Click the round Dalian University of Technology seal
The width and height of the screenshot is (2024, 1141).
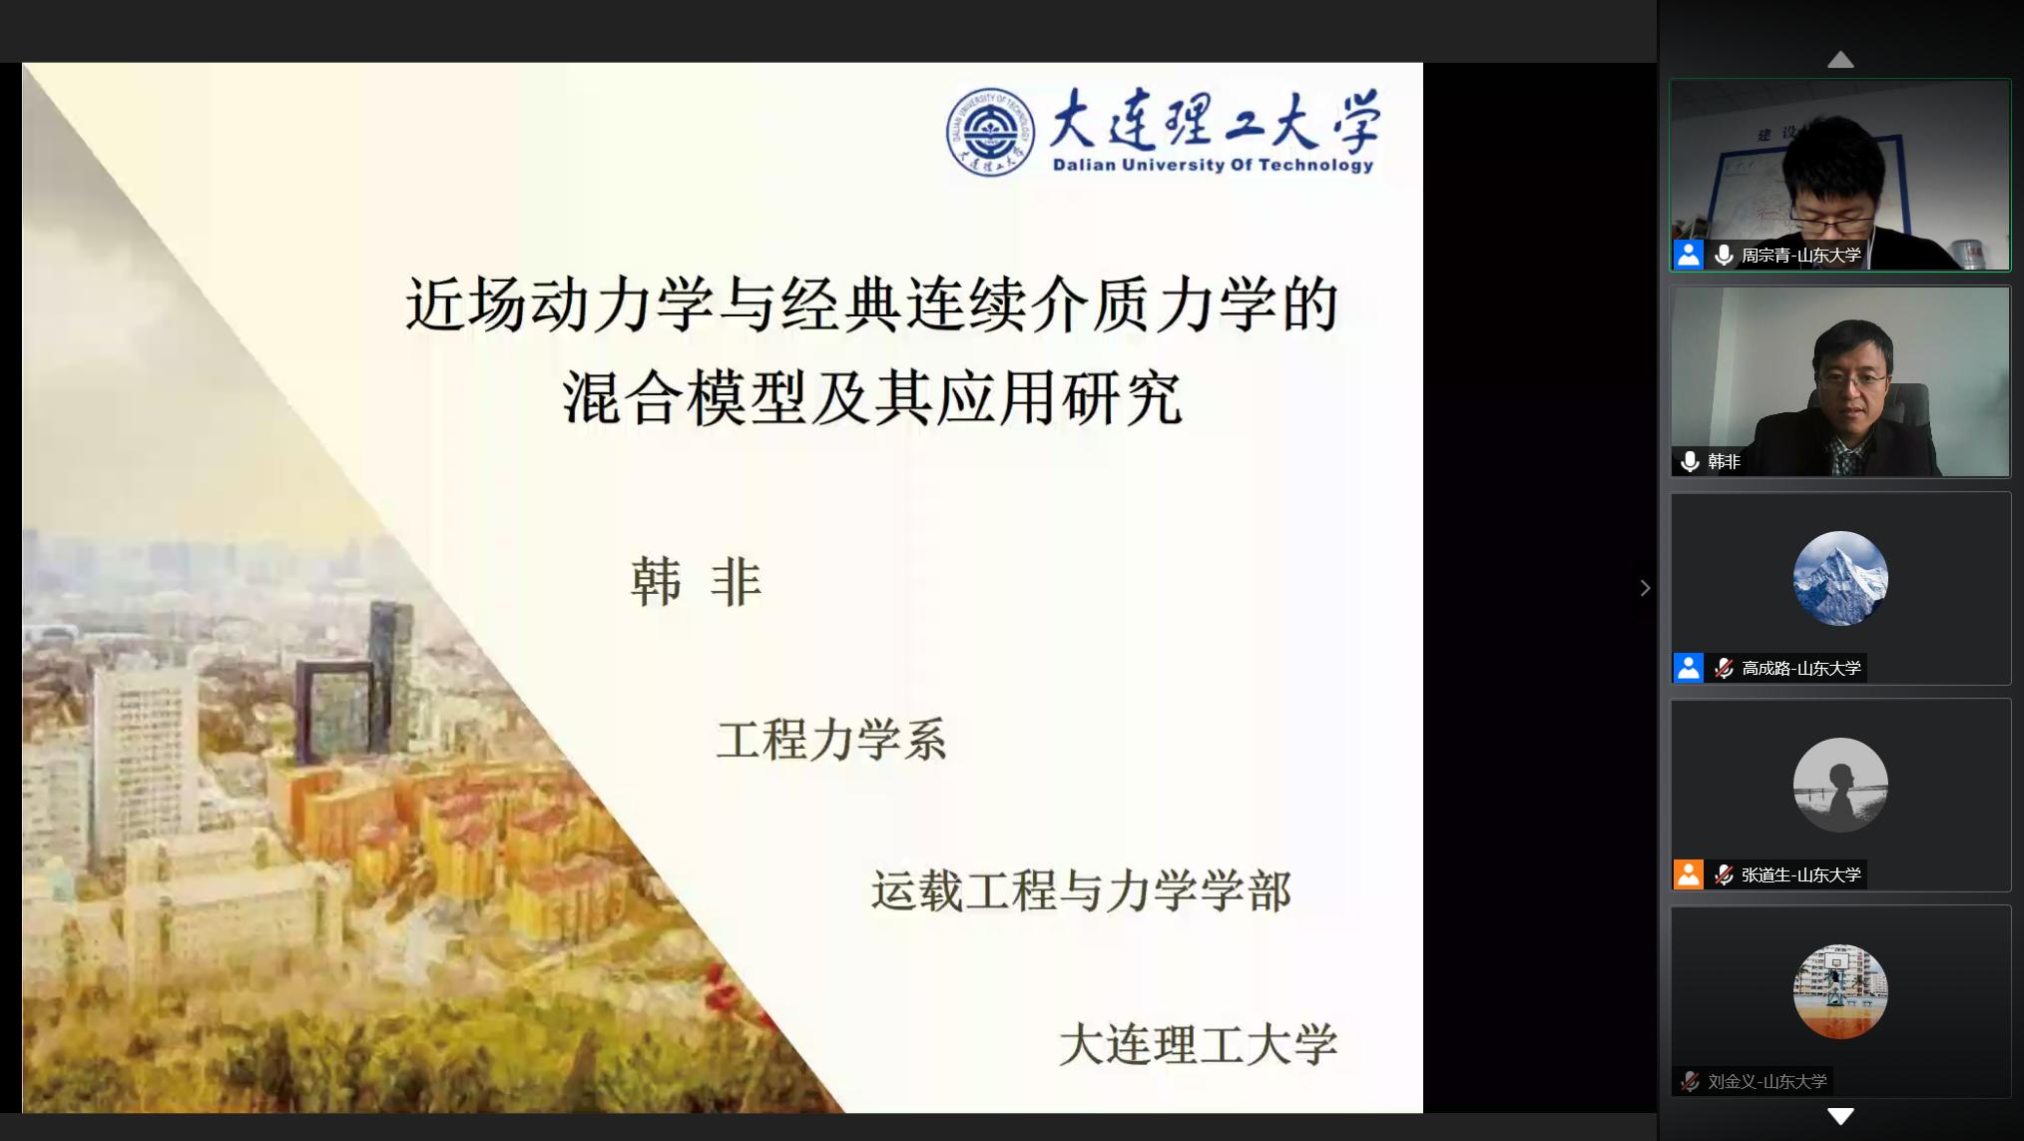point(990,132)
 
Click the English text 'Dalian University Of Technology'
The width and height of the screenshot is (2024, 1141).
point(1214,165)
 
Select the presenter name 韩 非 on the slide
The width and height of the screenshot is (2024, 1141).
point(697,582)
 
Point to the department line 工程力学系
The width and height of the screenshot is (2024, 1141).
point(831,740)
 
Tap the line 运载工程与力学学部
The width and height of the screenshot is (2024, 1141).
point(1081,890)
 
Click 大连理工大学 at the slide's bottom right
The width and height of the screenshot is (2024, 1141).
point(1198,1045)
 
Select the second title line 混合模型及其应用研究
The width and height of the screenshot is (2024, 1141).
point(872,397)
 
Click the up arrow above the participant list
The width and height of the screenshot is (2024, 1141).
point(1840,60)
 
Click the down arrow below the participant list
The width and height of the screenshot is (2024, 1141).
point(1840,1116)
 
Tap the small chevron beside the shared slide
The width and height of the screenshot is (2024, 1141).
point(1645,588)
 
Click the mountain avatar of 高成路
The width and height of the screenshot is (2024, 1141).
point(1840,579)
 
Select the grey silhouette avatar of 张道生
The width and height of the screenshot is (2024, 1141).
point(1840,786)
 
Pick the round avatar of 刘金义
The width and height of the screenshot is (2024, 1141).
point(1840,992)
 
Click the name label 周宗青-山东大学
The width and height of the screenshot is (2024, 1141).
point(1800,256)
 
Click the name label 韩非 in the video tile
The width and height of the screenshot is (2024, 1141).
point(1724,461)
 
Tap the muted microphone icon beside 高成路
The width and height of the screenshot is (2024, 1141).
point(1724,668)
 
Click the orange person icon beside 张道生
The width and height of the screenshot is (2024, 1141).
point(1689,874)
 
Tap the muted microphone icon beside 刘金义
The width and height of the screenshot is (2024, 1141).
point(1690,1081)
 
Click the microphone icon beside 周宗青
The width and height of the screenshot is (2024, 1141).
point(1724,256)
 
